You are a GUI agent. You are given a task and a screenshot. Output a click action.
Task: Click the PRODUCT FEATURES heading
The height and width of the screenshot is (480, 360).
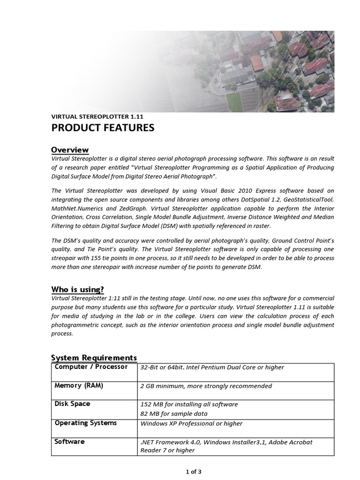[x=102, y=128]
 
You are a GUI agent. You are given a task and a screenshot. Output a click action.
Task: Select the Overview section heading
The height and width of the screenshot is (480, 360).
[x=69, y=150]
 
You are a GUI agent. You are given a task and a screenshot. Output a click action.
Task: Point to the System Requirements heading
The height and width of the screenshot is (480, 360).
[x=94, y=358]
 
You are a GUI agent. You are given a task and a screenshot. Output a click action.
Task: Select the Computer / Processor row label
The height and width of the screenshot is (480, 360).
[x=91, y=367]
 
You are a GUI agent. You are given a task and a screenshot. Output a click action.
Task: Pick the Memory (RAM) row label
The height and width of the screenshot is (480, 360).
[x=79, y=386]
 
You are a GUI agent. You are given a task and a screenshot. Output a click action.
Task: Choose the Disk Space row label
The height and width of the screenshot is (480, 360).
[x=72, y=404]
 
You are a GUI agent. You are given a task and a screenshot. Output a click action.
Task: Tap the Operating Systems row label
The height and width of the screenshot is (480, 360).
[x=85, y=423]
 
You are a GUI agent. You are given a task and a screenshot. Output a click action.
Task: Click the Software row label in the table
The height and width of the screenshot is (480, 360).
[x=69, y=442]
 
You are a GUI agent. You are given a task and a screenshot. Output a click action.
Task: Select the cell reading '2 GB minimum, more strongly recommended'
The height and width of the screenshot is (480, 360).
[x=206, y=386]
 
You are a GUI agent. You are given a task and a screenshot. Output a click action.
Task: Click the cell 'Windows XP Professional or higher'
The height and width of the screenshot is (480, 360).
[x=191, y=423]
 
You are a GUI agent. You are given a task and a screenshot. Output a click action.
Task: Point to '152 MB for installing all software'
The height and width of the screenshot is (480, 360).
[x=189, y=404]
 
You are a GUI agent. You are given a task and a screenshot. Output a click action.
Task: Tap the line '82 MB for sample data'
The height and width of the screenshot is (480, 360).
[x=173, y=413]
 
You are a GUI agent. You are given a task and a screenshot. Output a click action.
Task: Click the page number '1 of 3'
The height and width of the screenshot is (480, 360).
[x=193, y=472]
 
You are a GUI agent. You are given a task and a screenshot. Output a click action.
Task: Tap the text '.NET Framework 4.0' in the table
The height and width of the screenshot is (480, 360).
[x=170, y=442]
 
